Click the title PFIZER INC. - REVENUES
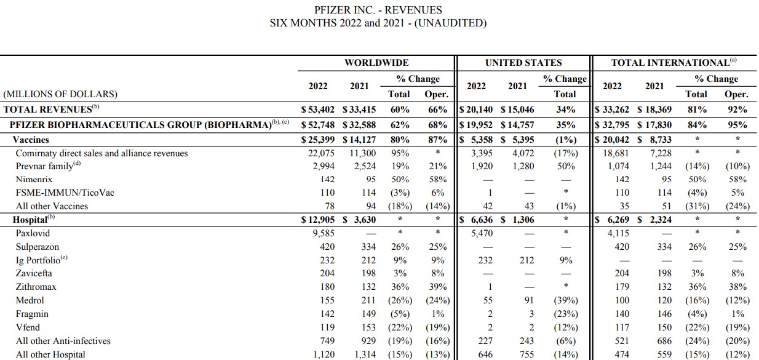tap(378, 10)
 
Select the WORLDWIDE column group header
tap(376, 63)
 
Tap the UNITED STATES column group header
tap(523, 63)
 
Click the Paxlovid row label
tap(33, 234)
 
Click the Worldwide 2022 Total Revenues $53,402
tap(317, 110)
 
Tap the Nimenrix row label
tap(35, 180)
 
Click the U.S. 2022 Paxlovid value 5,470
tap(478, 234)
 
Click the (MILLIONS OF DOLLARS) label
tap(60, 95)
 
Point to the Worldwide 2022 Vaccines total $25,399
tap(317, 140)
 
